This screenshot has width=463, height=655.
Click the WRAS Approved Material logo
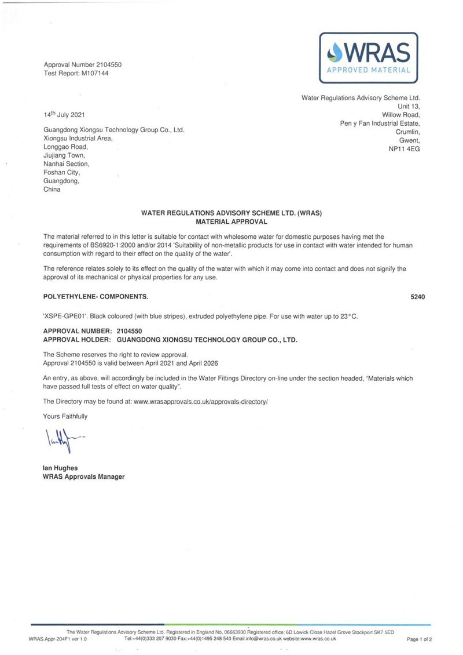click(369, 57)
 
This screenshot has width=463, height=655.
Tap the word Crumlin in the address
click(406, 132)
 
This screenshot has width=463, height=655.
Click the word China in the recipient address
click(52, 189)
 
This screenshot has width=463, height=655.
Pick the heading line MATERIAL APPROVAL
click(231, 221)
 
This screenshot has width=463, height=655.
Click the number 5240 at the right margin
click(417, 297)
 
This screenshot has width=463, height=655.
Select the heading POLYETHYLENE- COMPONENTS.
click(95, 297)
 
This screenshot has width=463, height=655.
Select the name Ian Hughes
click(60, 468)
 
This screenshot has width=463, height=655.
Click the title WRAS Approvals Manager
click(83, 476)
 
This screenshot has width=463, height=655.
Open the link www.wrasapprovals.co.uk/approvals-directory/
click(201, 401)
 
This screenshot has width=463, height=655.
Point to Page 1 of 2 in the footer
click(419, 639)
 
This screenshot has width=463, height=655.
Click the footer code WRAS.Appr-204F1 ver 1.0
click(57, 639)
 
